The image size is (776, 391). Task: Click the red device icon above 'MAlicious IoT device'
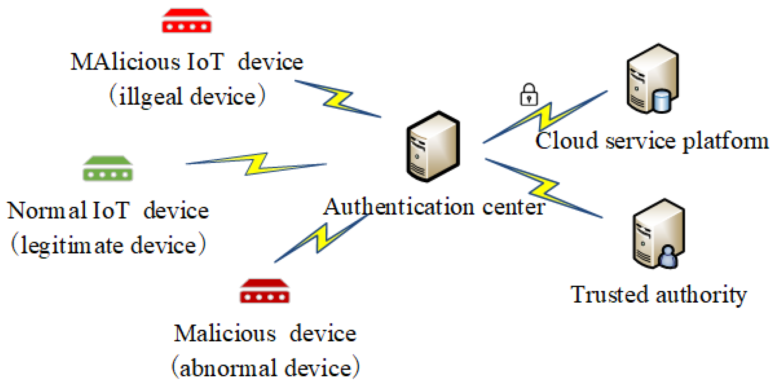coord(187,21)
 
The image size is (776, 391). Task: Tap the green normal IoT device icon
coord(108,169)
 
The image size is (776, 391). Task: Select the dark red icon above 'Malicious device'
coord(265,291)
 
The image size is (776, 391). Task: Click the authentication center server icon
coord(433,147)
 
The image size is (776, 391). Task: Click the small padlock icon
coord(529,95)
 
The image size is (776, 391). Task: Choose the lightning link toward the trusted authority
coord(543,188)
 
